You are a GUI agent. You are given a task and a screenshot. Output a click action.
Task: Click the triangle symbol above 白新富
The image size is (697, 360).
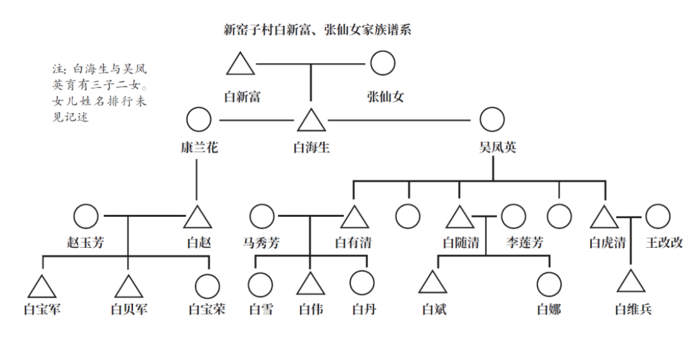(240, 64)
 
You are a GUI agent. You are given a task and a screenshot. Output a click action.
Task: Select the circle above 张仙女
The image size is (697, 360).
(383, 63)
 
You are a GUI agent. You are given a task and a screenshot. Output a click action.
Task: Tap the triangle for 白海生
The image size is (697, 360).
(311, 120)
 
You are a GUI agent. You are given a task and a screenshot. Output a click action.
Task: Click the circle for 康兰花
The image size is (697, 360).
(199, 120)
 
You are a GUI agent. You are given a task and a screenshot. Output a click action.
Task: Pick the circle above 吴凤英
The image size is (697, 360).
(492, 120)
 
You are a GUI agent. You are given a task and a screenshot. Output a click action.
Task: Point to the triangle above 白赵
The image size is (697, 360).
(197, 218)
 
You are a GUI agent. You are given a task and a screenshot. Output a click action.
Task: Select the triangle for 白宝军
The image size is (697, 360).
(42, 287)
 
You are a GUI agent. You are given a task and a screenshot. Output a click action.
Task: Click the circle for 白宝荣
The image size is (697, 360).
(207, 287)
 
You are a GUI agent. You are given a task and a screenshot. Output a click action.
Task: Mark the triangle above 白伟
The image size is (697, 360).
(311, 284)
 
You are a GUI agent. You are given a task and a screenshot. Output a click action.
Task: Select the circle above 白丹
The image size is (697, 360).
(362, 284)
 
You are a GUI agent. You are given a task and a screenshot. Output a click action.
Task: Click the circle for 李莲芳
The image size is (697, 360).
(513, 216)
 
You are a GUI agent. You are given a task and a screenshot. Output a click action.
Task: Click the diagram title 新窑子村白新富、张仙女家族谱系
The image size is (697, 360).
(318, 29)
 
